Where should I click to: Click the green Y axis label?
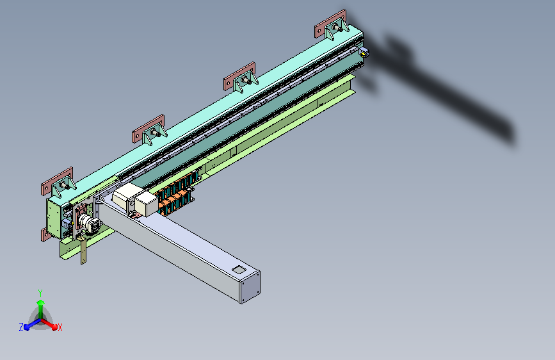40,293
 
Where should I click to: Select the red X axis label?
60,328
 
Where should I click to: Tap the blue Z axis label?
21,327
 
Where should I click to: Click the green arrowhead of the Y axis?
40,303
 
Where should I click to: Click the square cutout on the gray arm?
239,270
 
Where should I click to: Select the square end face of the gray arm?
250,288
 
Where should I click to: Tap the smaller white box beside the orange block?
146,204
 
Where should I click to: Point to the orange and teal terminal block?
176,195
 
